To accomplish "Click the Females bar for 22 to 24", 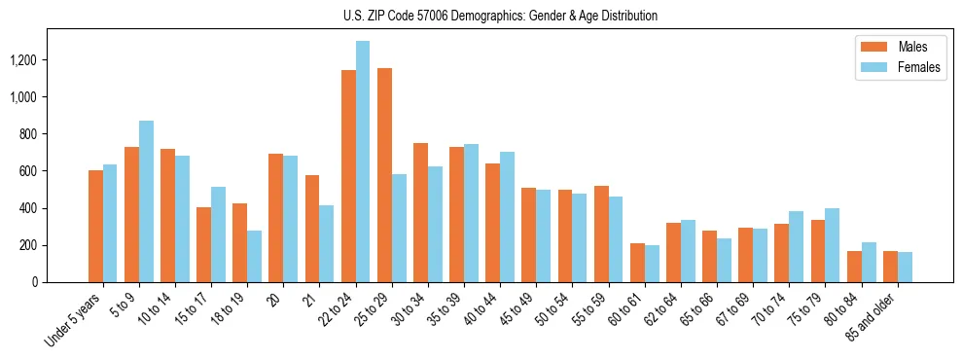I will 363,162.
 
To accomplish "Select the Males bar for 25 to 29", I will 384,175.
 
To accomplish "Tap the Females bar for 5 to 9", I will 146,201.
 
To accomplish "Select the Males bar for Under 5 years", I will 95,227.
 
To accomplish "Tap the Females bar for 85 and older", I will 905,268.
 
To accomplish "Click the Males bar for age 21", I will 312,229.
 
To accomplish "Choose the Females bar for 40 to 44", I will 507,217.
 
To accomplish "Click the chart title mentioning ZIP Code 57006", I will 500,16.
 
